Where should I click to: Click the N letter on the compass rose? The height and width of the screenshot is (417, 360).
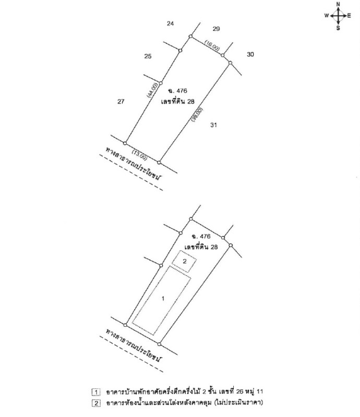[338, 4]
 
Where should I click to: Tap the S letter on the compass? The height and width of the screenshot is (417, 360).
[338, 28]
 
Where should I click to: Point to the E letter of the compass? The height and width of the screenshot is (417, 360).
[349, 16]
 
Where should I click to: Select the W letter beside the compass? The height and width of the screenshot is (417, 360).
[327, 16]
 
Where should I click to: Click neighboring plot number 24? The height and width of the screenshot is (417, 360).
[171, 23]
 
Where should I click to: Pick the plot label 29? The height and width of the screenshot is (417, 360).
[216, 29]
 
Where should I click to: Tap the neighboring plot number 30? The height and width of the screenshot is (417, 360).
[250, 55]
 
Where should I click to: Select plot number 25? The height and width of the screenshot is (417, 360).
[148, 56]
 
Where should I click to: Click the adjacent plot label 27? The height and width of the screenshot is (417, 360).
[121, 102]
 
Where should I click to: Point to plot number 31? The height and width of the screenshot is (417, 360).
[213, 125]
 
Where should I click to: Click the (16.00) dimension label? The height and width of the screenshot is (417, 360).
[212, 45]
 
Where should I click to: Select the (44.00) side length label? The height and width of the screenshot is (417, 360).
[152, 90]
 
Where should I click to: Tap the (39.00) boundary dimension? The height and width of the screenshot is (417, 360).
[197, 115]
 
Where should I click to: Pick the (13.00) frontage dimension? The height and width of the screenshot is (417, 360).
[139, 155]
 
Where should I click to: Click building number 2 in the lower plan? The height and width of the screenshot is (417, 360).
[185, 262]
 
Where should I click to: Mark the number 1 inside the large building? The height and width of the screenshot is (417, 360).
[163, 299]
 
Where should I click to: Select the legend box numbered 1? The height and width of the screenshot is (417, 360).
[96, 393]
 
